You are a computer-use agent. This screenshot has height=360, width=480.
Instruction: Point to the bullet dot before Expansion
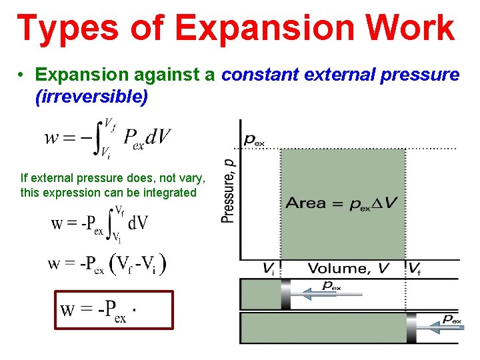(x=22, y=75)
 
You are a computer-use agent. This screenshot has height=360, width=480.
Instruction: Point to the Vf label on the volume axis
(x=415, y=269)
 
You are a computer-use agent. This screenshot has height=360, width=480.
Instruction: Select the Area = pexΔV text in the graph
(x=341, y=203)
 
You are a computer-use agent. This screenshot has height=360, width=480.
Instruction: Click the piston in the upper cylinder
(x=286, y=294)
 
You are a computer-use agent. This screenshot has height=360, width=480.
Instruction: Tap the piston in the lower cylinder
(x=411, y=328)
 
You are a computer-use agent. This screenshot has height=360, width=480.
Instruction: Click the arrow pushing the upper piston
(x=330, y=292)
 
